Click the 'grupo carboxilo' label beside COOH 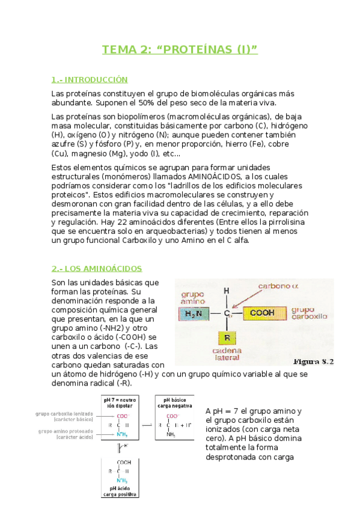tap(309, 313)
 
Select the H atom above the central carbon tap(227, 291)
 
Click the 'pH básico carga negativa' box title tap(174, 402)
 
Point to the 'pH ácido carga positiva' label tap(121, 493)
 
